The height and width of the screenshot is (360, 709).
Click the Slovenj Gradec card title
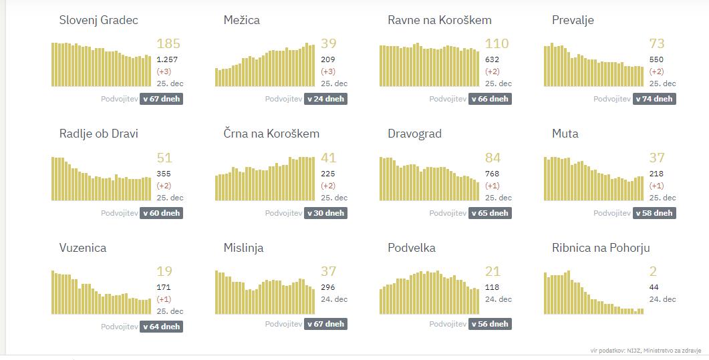[x=98, y=20]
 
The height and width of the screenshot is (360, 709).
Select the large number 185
[x=168, y=44]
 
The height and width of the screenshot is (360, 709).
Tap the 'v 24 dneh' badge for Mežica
[x=326, y=99]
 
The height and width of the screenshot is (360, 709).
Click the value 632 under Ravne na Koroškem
[x=492, y=59]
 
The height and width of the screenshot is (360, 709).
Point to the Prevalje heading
[x=573, y=20]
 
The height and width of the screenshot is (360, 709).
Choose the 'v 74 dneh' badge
[x=654, y=99]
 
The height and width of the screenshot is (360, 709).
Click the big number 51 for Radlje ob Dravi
[x=164, y=158]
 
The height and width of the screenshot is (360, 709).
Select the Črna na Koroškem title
[x=271, y=134]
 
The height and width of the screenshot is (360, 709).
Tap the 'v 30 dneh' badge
[x=326, y=213]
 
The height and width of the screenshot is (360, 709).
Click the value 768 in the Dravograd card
[x=492, y=174]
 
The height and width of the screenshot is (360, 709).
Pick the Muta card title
[x=565, y=134]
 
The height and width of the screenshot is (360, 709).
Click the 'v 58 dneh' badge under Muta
[x=654, y=213]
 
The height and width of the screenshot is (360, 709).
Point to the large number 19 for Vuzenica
[x=164, y=272]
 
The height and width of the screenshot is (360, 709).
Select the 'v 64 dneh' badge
[x=162, y=327]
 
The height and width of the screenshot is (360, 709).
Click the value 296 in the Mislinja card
[x=328, y=287]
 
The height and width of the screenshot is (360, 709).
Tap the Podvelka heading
[x=412, y=248]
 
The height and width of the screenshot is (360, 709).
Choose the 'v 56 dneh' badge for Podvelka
[x=490, y=324]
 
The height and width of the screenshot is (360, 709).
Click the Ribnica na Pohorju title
[x=601, y=248]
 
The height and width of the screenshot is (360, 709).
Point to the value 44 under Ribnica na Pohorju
[x=654, y=287]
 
